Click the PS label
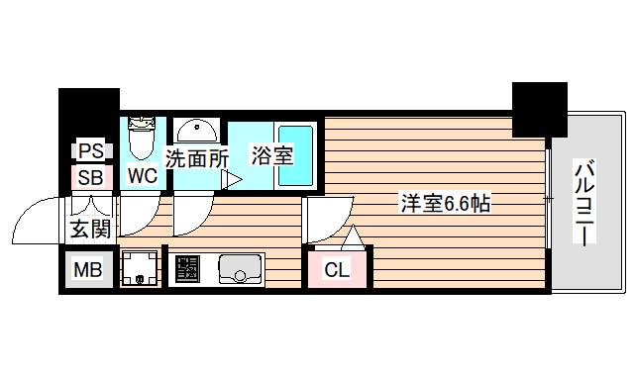click(90, 151)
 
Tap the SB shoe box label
click(90, 178)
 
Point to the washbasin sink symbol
click(197, 133)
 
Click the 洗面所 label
click(197, 156)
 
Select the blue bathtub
click(294, 154)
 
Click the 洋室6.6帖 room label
click(445, 204)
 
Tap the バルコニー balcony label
click(585, 203)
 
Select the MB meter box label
click(87, 269)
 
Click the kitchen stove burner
click(186, 268)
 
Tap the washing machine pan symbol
click(141, 269)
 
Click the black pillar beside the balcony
click(539, 109)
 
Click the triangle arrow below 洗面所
click(233, 179)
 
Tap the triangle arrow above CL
click(351, 237)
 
